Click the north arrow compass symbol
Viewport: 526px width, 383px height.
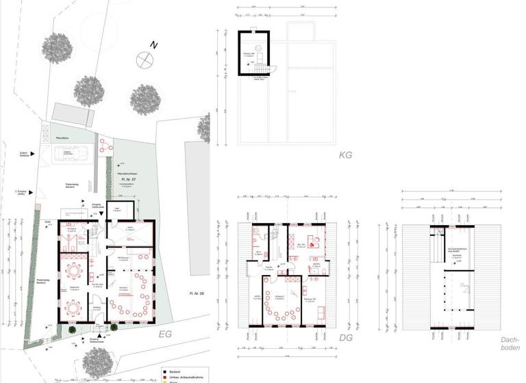[x=145, y=59]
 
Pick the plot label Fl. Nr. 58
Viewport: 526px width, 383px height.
[x=197, y=293]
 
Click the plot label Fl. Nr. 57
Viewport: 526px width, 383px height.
[x=125, y=178]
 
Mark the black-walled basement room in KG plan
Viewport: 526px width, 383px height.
[x=253, y=53]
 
